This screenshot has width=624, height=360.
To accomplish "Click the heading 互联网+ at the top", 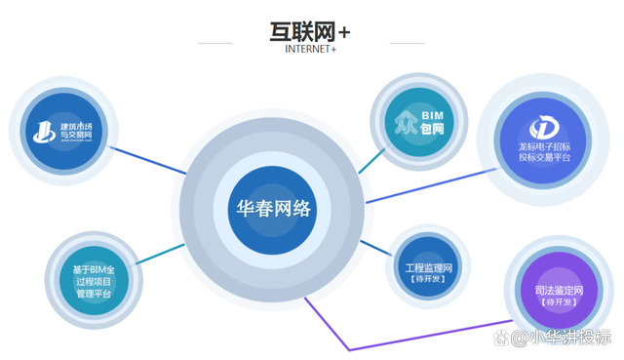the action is (x=310, y=31).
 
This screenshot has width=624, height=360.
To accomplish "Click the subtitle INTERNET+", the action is (x=310, y=49).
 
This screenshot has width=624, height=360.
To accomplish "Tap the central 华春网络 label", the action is (x=274, y=208).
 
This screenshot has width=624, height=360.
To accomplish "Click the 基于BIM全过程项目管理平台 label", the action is (x=94, y=282).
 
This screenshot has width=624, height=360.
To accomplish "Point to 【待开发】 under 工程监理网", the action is (x=426, y=279).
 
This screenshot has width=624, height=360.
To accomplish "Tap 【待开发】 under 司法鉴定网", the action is (x=559, y=303).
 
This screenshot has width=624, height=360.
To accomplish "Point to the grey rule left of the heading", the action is (x=215, y=44).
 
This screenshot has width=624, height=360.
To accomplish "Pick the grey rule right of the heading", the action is (x=406, y=44).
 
